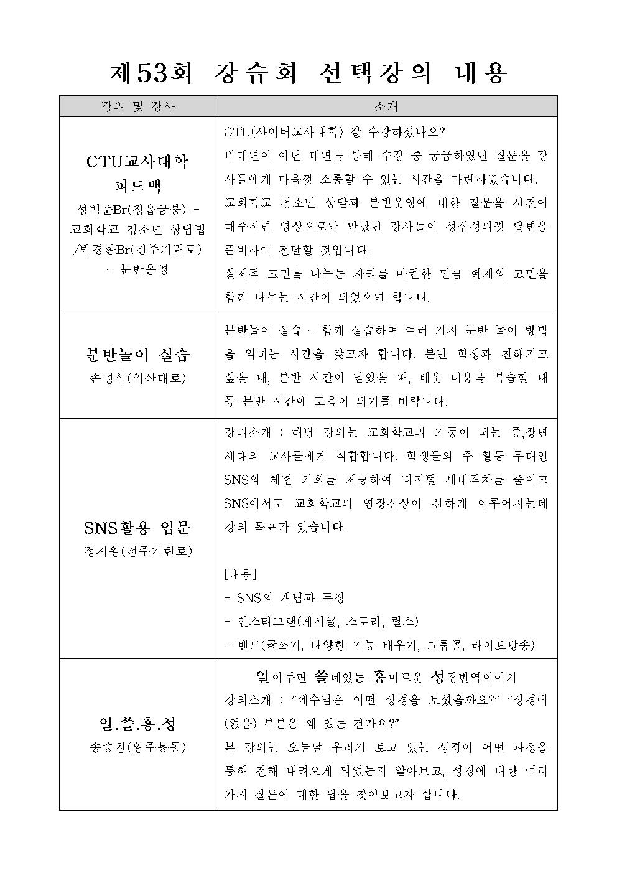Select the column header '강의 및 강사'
click(137, 106)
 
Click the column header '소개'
click(386, 106)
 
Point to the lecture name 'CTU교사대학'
click(137, 162)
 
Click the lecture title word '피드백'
click(137, 185)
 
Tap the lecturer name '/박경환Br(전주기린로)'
click(137, 250)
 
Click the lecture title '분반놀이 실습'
click(137, 355)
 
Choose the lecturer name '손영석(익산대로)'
click(137, 378)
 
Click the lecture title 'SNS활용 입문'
click(137, 528)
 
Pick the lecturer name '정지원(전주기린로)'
click(137, 551)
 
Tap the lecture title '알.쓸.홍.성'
click(137, 724)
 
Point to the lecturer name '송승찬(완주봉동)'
click(137, 747)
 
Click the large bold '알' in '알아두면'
click(262, 676)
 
